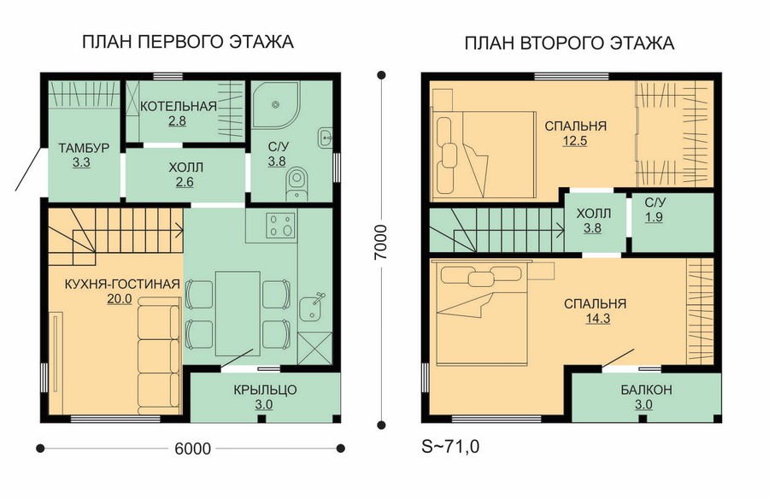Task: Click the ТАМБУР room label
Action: pos(84,148)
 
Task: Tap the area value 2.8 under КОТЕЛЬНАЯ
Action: pos(177,120)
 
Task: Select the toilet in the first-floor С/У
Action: pos(296,184)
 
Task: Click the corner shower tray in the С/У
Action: pos(276,104)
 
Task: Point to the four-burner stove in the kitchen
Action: pos(281,226)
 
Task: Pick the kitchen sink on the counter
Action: pos(311,307)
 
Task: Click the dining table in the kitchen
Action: pos(238,314)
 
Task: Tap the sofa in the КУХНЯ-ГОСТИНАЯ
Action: pos(158,358)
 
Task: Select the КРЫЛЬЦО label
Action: pos(265,390)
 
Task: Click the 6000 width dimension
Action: pos(192,449)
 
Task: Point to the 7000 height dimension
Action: pos(380,243)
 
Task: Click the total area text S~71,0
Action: pos(450,447)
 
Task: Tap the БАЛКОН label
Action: pos(646,390)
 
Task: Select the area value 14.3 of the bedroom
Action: pos(598,319)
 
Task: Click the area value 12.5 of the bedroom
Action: pos(575,141)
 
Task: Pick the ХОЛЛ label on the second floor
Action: pos(594,214)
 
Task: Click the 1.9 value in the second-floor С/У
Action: pos(654,217)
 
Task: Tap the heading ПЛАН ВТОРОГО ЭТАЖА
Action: pos(569,44)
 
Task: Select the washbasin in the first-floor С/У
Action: pos(326,138)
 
